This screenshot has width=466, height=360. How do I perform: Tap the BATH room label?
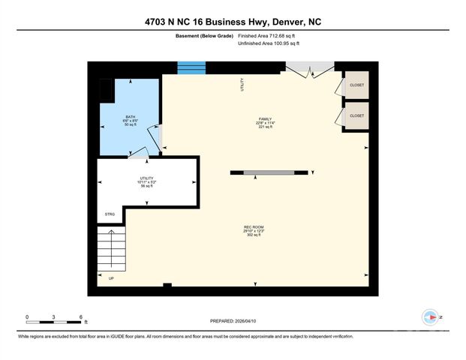coord(129,118)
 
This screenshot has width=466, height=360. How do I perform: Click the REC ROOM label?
coord(253,226)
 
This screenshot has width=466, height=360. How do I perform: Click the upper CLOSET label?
coord(356,85)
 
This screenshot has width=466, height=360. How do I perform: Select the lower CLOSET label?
coord(356,115)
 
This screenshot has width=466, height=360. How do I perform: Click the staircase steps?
coord(110,252)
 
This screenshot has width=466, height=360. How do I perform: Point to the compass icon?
coord(431,317)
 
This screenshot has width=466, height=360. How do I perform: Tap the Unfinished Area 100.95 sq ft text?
coord(269,44)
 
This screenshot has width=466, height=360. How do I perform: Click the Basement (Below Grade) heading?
coord(207,35)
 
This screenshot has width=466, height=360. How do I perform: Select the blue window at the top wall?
coord(191,68)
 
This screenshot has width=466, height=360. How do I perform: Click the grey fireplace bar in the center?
coord(269,173)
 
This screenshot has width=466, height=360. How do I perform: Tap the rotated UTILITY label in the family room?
coord(242,85)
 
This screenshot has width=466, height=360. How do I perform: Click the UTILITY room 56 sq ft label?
coord(146,181)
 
